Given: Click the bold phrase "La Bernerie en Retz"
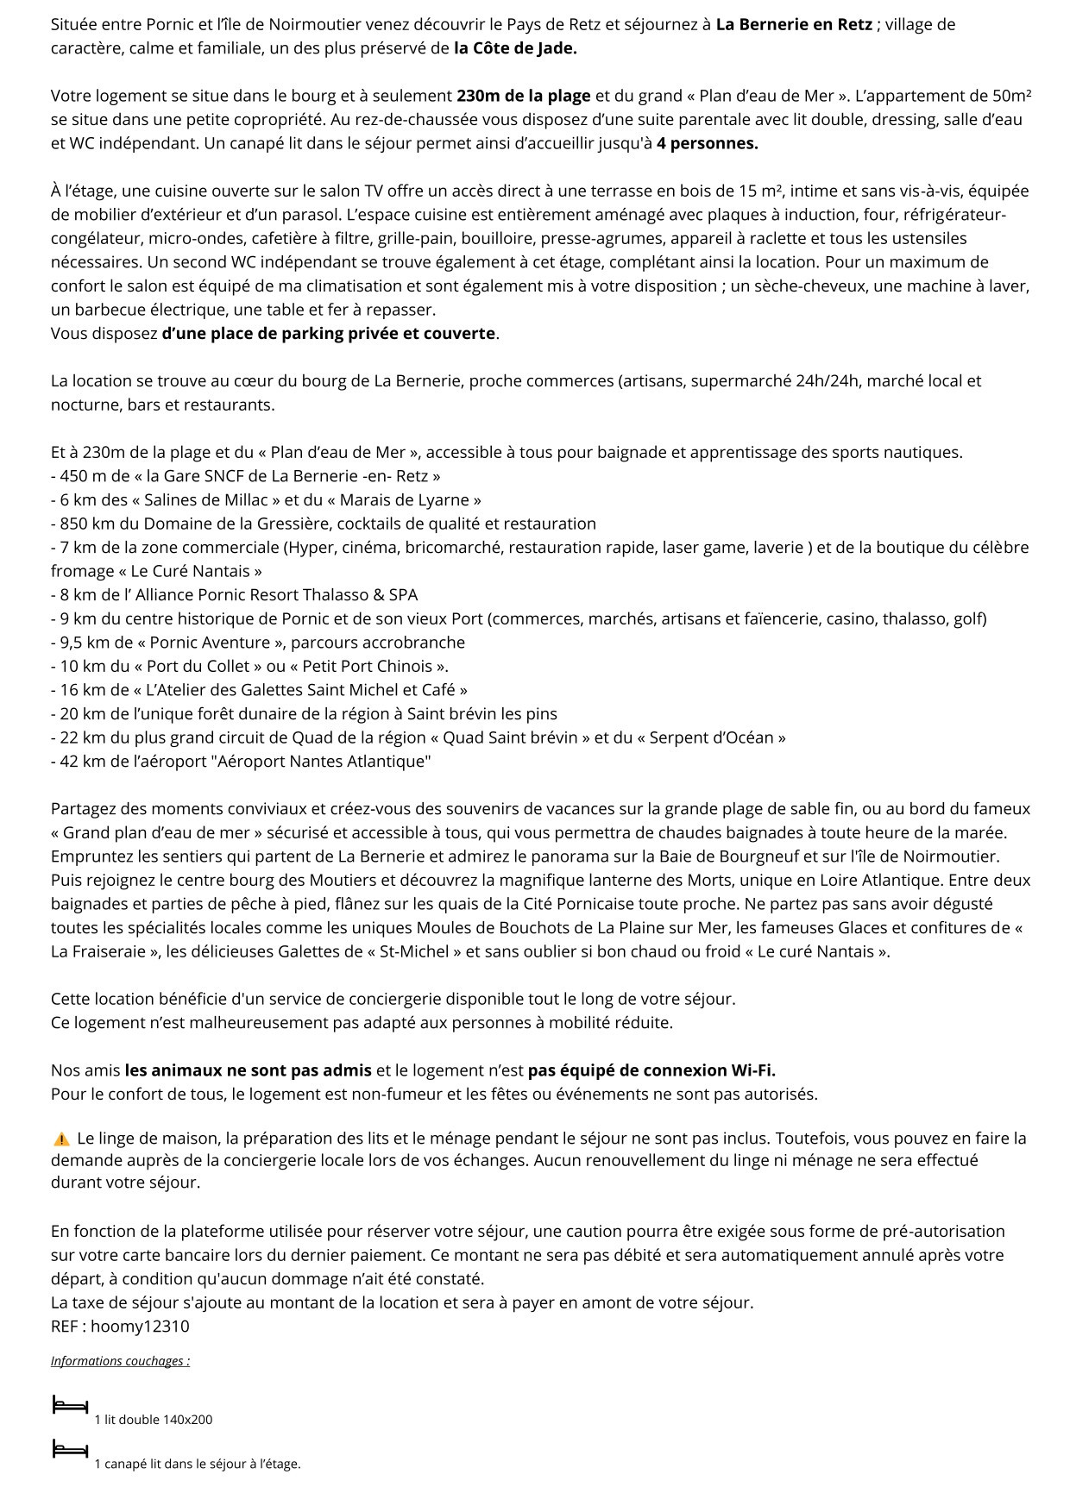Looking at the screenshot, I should pos(794,24).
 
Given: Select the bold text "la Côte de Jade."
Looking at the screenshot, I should pos(515,48).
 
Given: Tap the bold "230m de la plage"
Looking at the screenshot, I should pos(524,96).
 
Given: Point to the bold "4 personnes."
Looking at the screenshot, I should pos(708,143).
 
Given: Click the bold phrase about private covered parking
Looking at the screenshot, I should pos(329,333).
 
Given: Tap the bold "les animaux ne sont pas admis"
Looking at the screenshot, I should pos(248,1070).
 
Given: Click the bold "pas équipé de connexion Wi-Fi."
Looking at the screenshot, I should pos(651,1070).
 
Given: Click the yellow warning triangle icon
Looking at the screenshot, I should pos(60,1139).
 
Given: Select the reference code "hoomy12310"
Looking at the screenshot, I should pos(140,1327).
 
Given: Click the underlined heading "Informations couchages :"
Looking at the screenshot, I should pos(120,1361).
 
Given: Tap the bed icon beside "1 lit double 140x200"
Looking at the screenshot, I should pos(70,1406).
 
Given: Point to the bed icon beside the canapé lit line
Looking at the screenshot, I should pos(70,1450).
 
